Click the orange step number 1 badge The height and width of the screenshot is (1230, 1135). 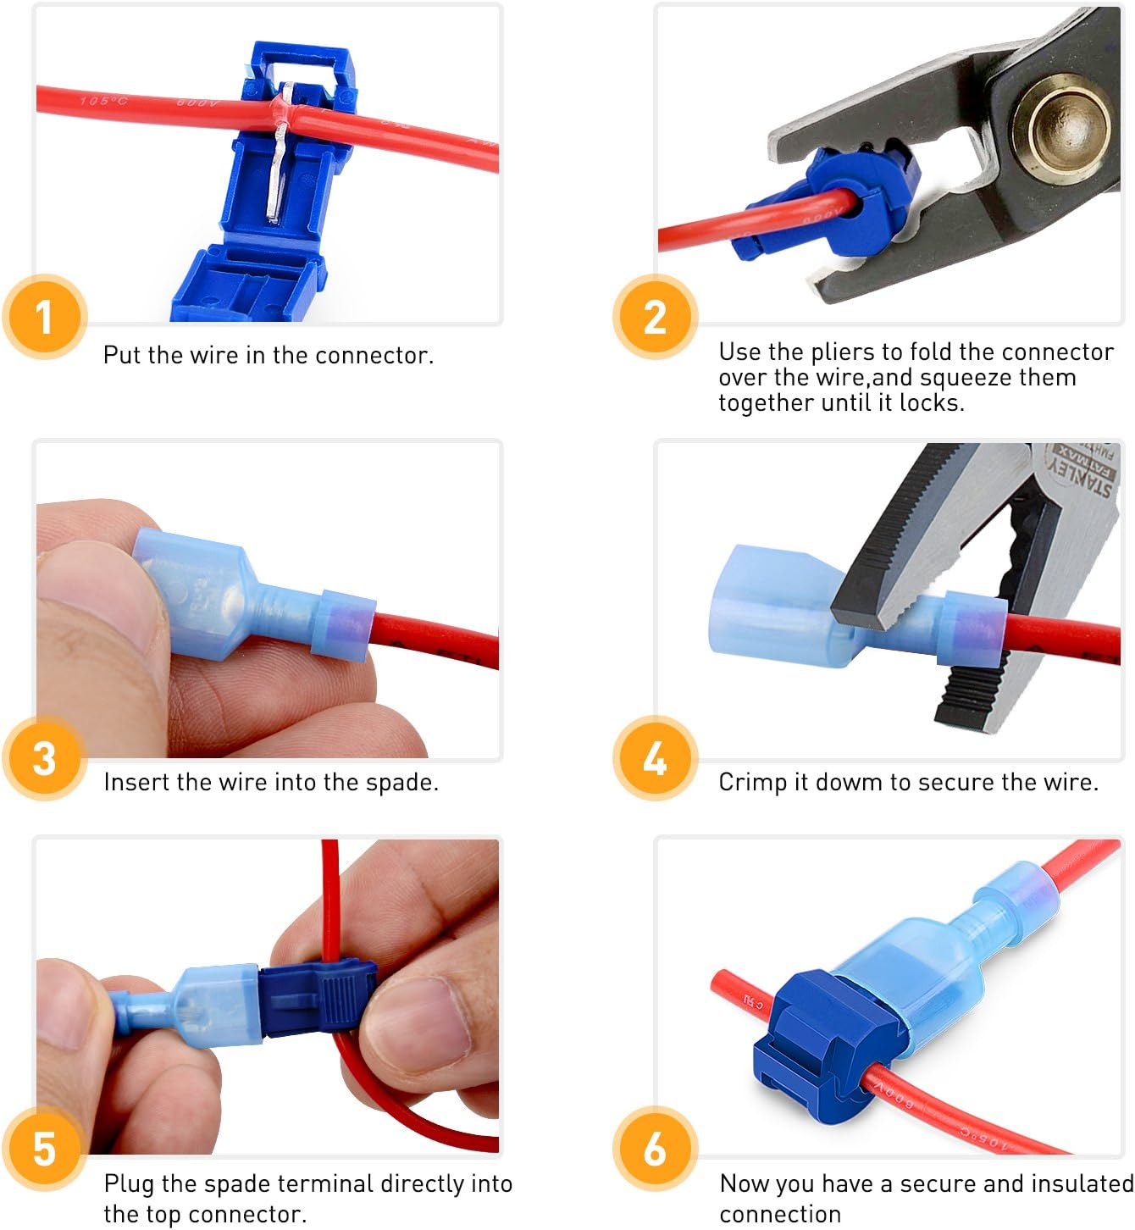click(45, 317)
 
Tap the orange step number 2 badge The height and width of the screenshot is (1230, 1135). click(655, 317)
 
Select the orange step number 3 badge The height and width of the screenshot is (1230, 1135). click(45, 757)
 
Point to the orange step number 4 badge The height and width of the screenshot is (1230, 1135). click(655, 757)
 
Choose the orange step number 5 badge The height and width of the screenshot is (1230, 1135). click(45, 1149)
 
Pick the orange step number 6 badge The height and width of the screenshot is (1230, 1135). click(655, 1149)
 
